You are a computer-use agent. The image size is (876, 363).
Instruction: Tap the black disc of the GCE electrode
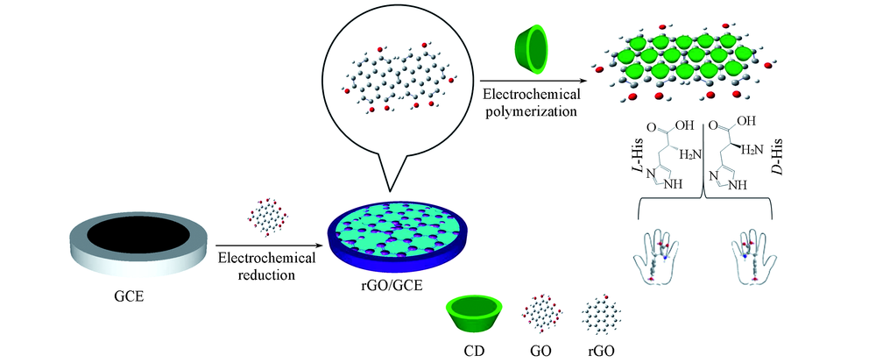138,236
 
